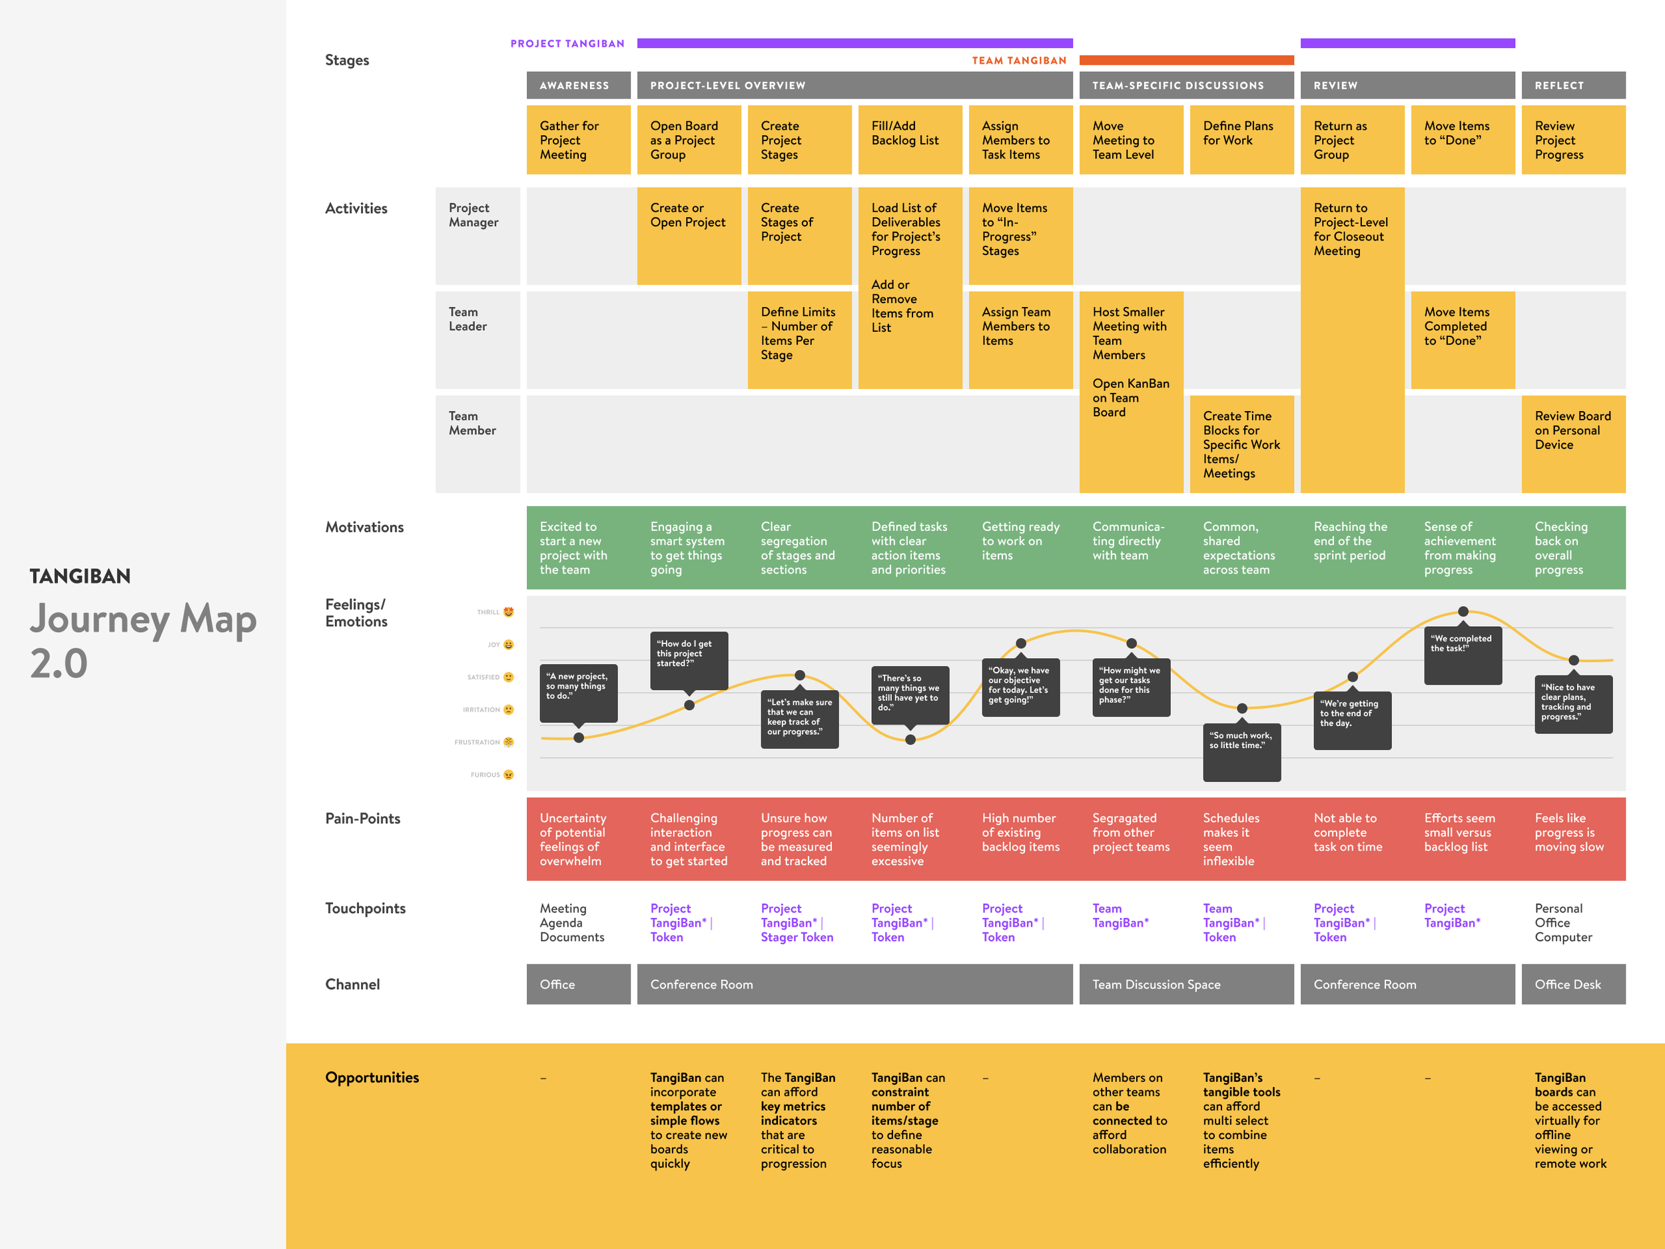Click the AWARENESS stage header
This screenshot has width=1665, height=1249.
[x=578, y=85]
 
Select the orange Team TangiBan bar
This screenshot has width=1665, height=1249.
[x=1186, y=60]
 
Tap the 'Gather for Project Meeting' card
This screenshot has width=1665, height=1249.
[x=578, y=140]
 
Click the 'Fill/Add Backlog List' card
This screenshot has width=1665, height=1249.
[x=910, y=140]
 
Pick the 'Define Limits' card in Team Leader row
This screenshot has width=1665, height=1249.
[x=799, y=340]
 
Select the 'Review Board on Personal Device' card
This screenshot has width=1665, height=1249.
[x=1573, y=444]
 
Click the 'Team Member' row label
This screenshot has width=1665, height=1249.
[x=473, y=423]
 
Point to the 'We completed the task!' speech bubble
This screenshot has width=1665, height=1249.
[x=1462, y=654]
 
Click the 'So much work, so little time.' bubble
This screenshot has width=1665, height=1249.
[x=1241, y=752]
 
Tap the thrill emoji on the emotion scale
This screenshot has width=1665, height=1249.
[x=509, y=612]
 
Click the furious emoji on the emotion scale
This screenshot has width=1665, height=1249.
[x=509, y=775]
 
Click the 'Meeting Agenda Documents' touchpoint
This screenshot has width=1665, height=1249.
[x=572, y=922]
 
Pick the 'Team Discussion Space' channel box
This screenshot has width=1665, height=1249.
[x=1186, y=984]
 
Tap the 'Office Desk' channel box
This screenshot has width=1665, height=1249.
[x=1573, y=984]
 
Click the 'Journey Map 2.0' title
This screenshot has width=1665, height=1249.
[x=143, y=640]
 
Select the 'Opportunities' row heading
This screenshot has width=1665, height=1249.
[x=372, y=1077]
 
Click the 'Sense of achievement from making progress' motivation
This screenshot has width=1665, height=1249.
[x=1461, y=548]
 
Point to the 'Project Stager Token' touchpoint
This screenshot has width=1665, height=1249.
[x=797, y=922]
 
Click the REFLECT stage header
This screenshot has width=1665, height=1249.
[x=1573, y=85]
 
